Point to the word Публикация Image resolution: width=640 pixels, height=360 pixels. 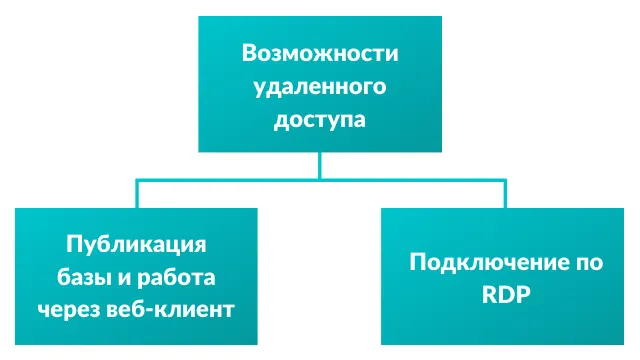point(136,242)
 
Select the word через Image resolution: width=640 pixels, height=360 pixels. point(68,309)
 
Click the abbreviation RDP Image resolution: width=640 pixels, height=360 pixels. point(506,295)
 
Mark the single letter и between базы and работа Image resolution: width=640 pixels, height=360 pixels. point(123,276)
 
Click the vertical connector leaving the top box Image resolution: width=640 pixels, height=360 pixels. point(319,165)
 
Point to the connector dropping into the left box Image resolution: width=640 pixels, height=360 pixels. point(136,195)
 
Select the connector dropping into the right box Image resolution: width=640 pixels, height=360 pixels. point(506,195)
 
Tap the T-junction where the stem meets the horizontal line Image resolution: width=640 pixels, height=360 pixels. point(319,181)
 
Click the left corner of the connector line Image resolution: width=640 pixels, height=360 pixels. point(136,181)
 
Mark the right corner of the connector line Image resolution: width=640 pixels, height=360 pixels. point(506,181)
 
